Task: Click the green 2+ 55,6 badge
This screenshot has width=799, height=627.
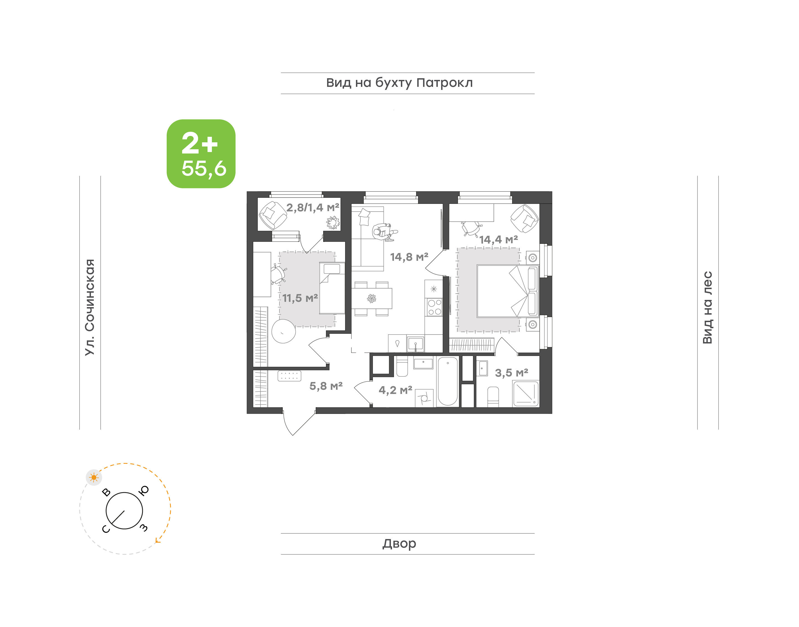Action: pos(201,153)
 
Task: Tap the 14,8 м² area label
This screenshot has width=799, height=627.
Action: pos(409,257)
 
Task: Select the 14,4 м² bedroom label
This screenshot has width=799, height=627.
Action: pos(499,239)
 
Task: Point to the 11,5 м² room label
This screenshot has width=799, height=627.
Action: pos(300,298)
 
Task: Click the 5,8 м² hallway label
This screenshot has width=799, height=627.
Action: pos(326,386)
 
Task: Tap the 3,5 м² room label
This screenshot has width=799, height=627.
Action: pos(511,373)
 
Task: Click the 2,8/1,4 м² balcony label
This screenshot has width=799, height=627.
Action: pos(313,208)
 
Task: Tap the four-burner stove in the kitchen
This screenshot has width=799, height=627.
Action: pos(434,307)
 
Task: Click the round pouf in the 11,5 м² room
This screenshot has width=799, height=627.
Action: pos(283,331)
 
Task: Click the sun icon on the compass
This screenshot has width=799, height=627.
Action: pos(94,477)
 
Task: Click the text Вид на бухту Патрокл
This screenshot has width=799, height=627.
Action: pos(399,83)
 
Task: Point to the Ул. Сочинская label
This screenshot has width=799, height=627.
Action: pos(90,307)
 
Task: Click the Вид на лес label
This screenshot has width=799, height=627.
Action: pos(707,308)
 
